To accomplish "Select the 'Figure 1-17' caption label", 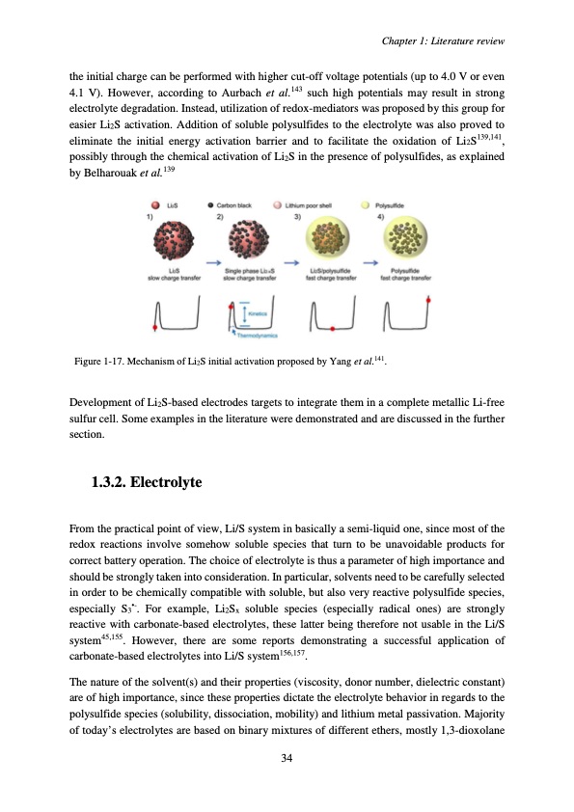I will point(103,362).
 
